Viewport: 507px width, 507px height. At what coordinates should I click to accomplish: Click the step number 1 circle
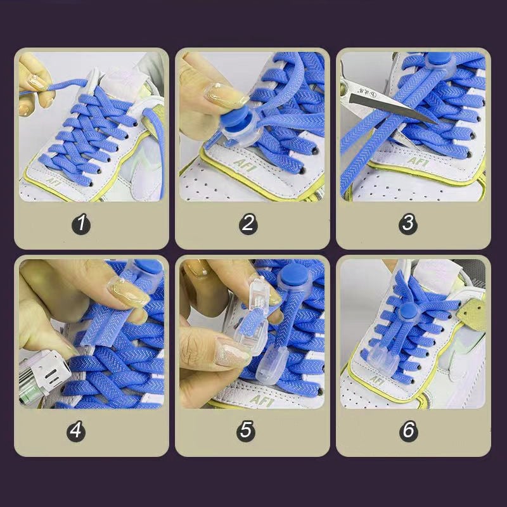click(x=81, y=224)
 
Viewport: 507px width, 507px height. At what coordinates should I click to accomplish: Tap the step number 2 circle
click(x=248, y=224)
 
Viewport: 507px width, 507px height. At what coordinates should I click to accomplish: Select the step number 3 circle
click(x=408, y=224)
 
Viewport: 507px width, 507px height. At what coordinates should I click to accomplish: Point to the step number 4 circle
click(x=76, y=431)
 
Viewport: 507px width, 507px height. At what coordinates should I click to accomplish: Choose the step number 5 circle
click(x=246, y=431)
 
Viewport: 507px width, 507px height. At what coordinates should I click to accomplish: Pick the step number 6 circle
click(x=408, y=430)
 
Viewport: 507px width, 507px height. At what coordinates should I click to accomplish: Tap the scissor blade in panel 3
click(x=393, y=106)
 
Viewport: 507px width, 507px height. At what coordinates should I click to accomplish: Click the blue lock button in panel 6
click(x=408, y=312)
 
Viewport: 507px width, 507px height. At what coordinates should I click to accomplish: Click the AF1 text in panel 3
click(x=417, y=162)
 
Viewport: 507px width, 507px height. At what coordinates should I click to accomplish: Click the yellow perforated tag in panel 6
click(x=473, y=316)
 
